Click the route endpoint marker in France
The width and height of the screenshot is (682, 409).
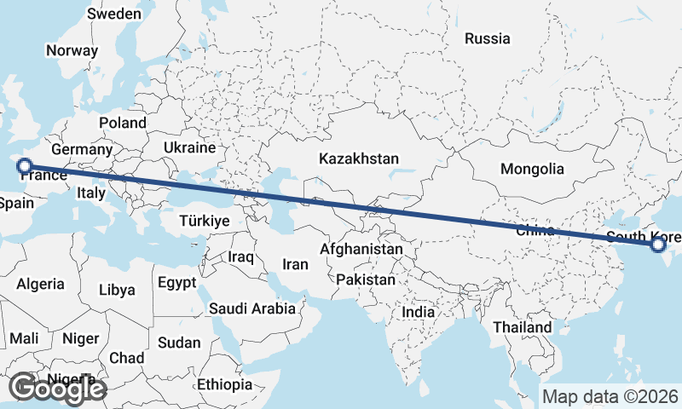25,166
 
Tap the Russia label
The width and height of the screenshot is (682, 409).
488,38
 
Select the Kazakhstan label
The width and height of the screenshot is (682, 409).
359,159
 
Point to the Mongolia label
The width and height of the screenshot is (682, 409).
532,169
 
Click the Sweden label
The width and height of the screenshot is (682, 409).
114,14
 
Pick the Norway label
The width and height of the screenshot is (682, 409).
72,50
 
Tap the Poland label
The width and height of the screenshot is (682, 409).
123,124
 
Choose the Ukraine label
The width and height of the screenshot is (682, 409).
189,147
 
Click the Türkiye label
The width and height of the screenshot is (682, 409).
205,222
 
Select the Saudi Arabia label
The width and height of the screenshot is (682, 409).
252,308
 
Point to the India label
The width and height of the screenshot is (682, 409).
419,313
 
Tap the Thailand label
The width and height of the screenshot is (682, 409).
522,327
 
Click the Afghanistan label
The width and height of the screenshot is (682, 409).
361,250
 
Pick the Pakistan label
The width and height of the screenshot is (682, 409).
366,279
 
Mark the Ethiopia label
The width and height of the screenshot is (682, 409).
224,384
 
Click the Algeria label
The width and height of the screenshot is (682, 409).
41,285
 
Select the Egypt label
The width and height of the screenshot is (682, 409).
177,282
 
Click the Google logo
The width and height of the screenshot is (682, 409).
57,389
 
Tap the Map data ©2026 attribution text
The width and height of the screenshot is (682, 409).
610,396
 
